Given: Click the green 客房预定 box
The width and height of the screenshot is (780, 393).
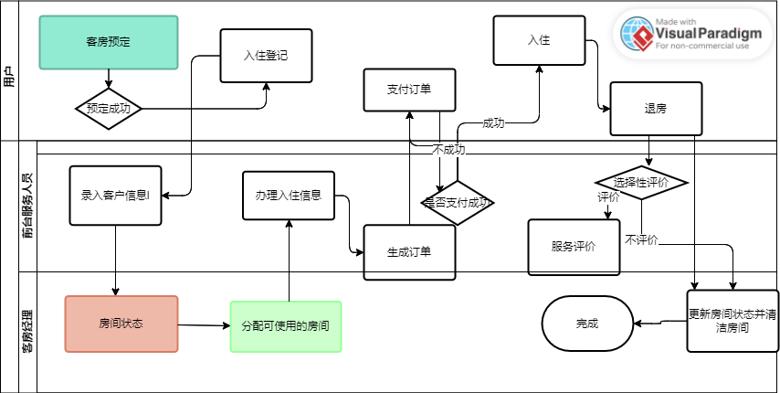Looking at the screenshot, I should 108,42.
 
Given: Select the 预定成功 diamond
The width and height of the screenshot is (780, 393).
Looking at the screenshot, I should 109,108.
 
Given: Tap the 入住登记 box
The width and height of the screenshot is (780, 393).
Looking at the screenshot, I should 266,56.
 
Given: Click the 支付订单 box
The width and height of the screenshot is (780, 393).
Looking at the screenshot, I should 409,89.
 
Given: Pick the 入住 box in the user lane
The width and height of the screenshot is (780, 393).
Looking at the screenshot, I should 539,41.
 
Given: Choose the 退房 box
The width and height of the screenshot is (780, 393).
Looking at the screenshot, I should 656,109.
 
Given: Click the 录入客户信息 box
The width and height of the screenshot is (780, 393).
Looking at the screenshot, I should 116,195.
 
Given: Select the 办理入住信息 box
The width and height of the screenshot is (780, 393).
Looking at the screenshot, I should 289,196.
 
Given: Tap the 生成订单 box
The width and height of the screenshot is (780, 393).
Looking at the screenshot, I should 409,252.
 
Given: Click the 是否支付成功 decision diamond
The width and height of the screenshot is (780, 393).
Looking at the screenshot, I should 458,203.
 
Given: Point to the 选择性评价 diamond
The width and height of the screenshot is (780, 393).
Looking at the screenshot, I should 641,182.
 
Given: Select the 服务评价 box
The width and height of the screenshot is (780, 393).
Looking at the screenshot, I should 574,247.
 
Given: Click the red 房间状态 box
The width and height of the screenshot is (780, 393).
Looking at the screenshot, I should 121,324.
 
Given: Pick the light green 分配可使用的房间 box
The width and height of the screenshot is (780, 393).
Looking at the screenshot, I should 286,326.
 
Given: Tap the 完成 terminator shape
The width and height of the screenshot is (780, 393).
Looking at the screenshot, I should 588,324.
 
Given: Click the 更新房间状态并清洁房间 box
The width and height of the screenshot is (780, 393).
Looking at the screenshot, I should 733,320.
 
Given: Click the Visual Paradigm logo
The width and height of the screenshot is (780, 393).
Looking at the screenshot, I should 690,34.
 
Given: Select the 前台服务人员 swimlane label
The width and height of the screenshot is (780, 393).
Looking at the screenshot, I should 27,206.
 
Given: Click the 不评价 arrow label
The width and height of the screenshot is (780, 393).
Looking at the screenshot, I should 641,240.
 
